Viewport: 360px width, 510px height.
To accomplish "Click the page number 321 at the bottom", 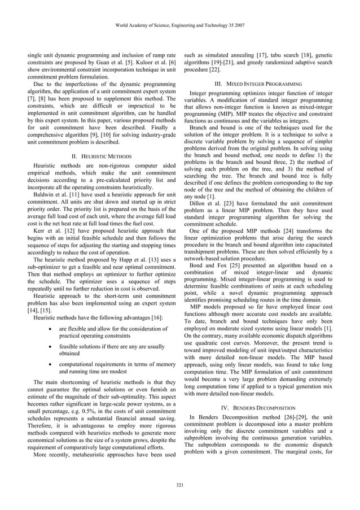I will (x=179, y=485).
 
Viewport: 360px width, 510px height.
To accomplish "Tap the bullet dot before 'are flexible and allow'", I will (x=51, y=328).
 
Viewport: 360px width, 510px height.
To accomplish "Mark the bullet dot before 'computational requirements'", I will (x=51, y=364).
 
